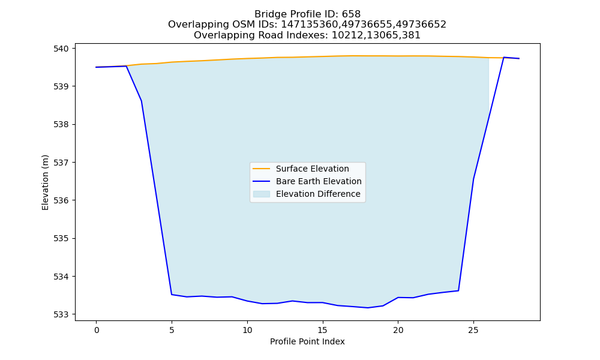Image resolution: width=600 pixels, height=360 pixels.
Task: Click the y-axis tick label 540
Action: click(x=61, y=49)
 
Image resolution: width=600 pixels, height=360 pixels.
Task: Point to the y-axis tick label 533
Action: click(x=61, y=314)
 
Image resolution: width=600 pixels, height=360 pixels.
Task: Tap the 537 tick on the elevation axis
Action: click(x=61, y=163)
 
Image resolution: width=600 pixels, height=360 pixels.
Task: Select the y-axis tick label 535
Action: click(x=61, y=238)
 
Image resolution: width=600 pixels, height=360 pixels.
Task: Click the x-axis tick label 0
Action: click(x=97, y=330)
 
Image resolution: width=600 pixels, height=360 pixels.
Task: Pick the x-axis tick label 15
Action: click(x=323, y=330)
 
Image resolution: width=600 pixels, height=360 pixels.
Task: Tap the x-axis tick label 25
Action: click(x=473, y=330)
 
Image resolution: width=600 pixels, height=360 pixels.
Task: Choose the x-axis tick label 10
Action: click(x=247, y=330)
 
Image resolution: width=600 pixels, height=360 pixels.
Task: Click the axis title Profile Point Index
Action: click(x=307, y=341)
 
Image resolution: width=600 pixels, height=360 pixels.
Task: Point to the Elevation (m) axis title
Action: click(x=45, y=182)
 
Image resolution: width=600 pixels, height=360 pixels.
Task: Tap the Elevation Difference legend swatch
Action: click(x=262, y=194)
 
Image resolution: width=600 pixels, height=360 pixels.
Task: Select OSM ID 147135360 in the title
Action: click(x=309, y=25)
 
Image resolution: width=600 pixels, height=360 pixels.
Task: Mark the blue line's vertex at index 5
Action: click(x=172, y=294)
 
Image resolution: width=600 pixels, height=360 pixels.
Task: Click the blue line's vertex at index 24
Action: click(x=458, y=291)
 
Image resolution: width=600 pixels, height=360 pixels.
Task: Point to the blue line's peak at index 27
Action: click(x=503, y=58)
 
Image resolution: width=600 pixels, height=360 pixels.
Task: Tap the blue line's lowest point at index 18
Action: click(x=368, y=308)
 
